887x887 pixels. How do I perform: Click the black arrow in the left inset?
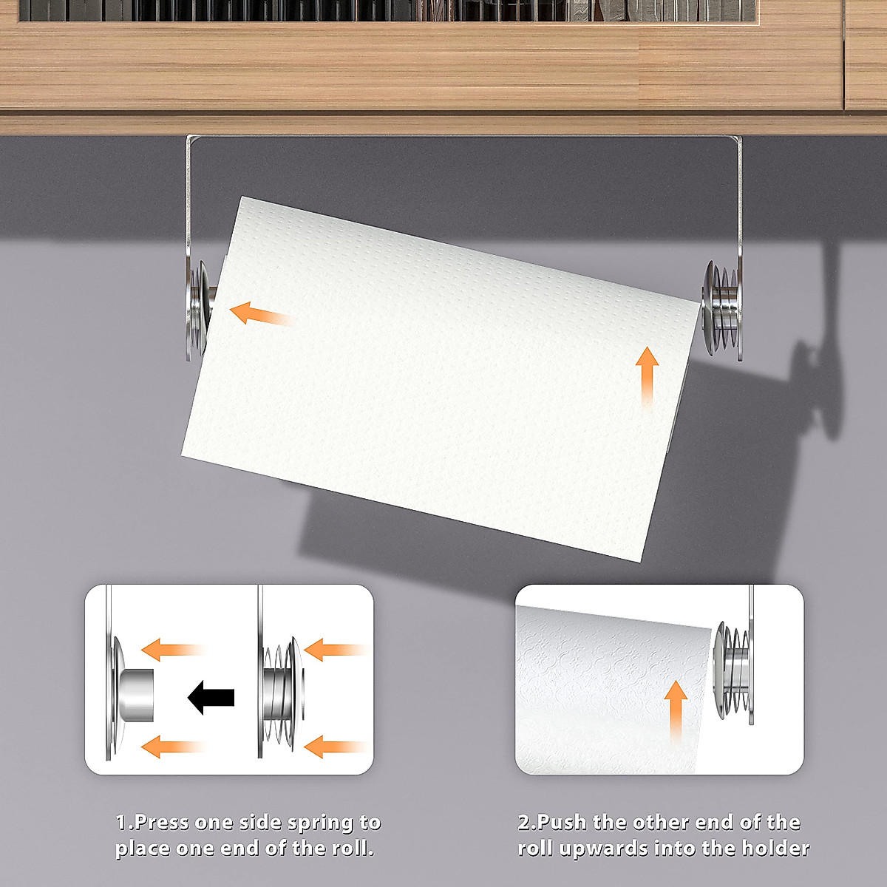coord(211,697)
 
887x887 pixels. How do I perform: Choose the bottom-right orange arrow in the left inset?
coord(334,747)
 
